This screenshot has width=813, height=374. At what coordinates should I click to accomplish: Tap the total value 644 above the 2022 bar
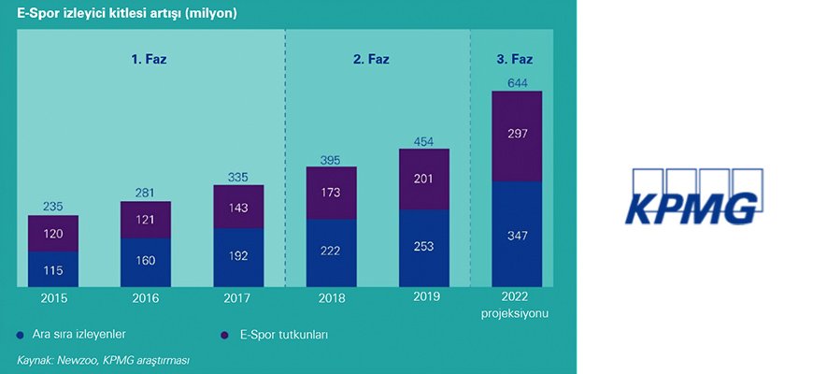[x=518, y=83]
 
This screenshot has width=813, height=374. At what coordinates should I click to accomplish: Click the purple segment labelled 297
[x=518, y=136]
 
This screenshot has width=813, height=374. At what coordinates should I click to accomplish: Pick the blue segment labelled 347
[x=518, y=234]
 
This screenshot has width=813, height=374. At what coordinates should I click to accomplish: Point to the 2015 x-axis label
[x=52, y=298]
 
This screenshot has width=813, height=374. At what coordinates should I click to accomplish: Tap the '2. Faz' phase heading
[x=371, y=59]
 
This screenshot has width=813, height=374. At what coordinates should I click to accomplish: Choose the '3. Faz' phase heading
[x=517, y=59]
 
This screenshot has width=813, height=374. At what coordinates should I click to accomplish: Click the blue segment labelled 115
[x=52, y=269]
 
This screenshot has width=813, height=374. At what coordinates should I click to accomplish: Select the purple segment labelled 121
[x=145, y=220]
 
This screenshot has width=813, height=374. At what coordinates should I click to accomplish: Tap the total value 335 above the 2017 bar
[x=238, y=178]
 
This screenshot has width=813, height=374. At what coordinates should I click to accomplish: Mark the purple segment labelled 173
[x=331, y=194]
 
